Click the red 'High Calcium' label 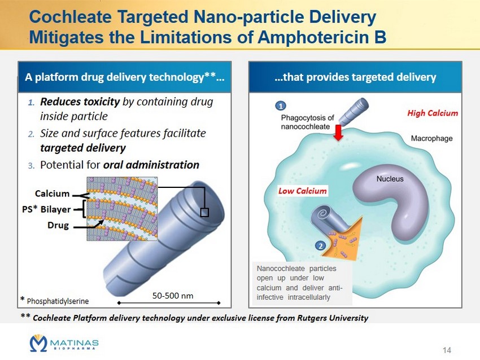pyautogui.click(x=433, y=113)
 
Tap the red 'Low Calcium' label pyautogui.click(x=303, y=191)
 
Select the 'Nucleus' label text pyautogui.click(x=390, y=179)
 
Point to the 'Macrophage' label pyautogui.click(x=431, y=138)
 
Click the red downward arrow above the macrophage pyautogui.click(x=338, y=133)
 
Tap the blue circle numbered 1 pyautogui.click(x=281, y=106)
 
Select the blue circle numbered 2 pyautogui.click(x=321, y=246)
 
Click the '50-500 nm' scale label pyautogui.click(x=173, y=296)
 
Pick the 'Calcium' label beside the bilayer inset pyautogui.click(x=52, y=194)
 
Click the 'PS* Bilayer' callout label pyautogui.click(x=46, y=209)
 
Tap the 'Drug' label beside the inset pyautogui.click(x=58, y=225)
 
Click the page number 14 pyautogui.click(x=447, y=350)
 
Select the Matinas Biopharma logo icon pyautogui.click(x=38, y=343)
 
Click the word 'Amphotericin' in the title pyautogui.click(x=312, y=37)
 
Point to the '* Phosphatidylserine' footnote pyautogui.click(x=54, y=300)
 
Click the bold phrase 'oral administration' pyautogui.click(x=151, y=165)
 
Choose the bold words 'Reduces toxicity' pyautogui.click(x=80, y=102)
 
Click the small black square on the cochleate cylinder pyautogui.click(x=204, y=212)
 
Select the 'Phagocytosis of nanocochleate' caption pyautogui.click(x=307, y=122)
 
